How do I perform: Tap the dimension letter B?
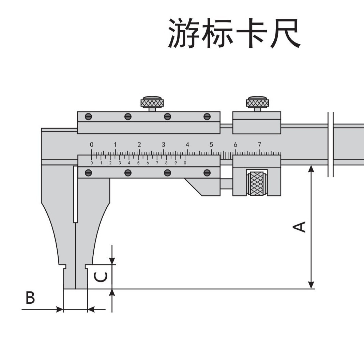tap(30, 298)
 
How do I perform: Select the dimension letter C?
tap(101, 277)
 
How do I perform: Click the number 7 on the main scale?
tap(259, 144)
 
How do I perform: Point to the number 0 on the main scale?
tap(91, 144)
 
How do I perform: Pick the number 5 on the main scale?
tap(211, 144)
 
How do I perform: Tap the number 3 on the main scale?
tap(163, 144)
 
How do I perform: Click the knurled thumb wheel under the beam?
tap(257, 183)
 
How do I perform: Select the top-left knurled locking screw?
tap(152, 103)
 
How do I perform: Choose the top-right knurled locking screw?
tap(257, 103)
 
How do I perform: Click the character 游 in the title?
tap(184, 33)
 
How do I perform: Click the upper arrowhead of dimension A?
tap(311, 168)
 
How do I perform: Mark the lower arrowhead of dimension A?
tap(311, 285)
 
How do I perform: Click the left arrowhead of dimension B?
tap(60, 309)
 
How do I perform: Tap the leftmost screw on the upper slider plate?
tap(88, 117)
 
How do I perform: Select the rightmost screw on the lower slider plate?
tap(207, 172)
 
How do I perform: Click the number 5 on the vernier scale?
tap(138, 163)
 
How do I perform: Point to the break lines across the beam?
tap(330, 145)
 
